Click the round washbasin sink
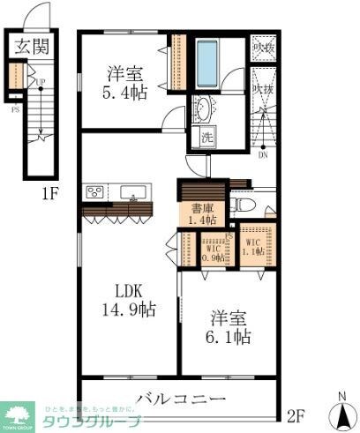[203, 109]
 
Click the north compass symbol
[341, 411]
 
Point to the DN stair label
[262, 155]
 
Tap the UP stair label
[41, 83]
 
